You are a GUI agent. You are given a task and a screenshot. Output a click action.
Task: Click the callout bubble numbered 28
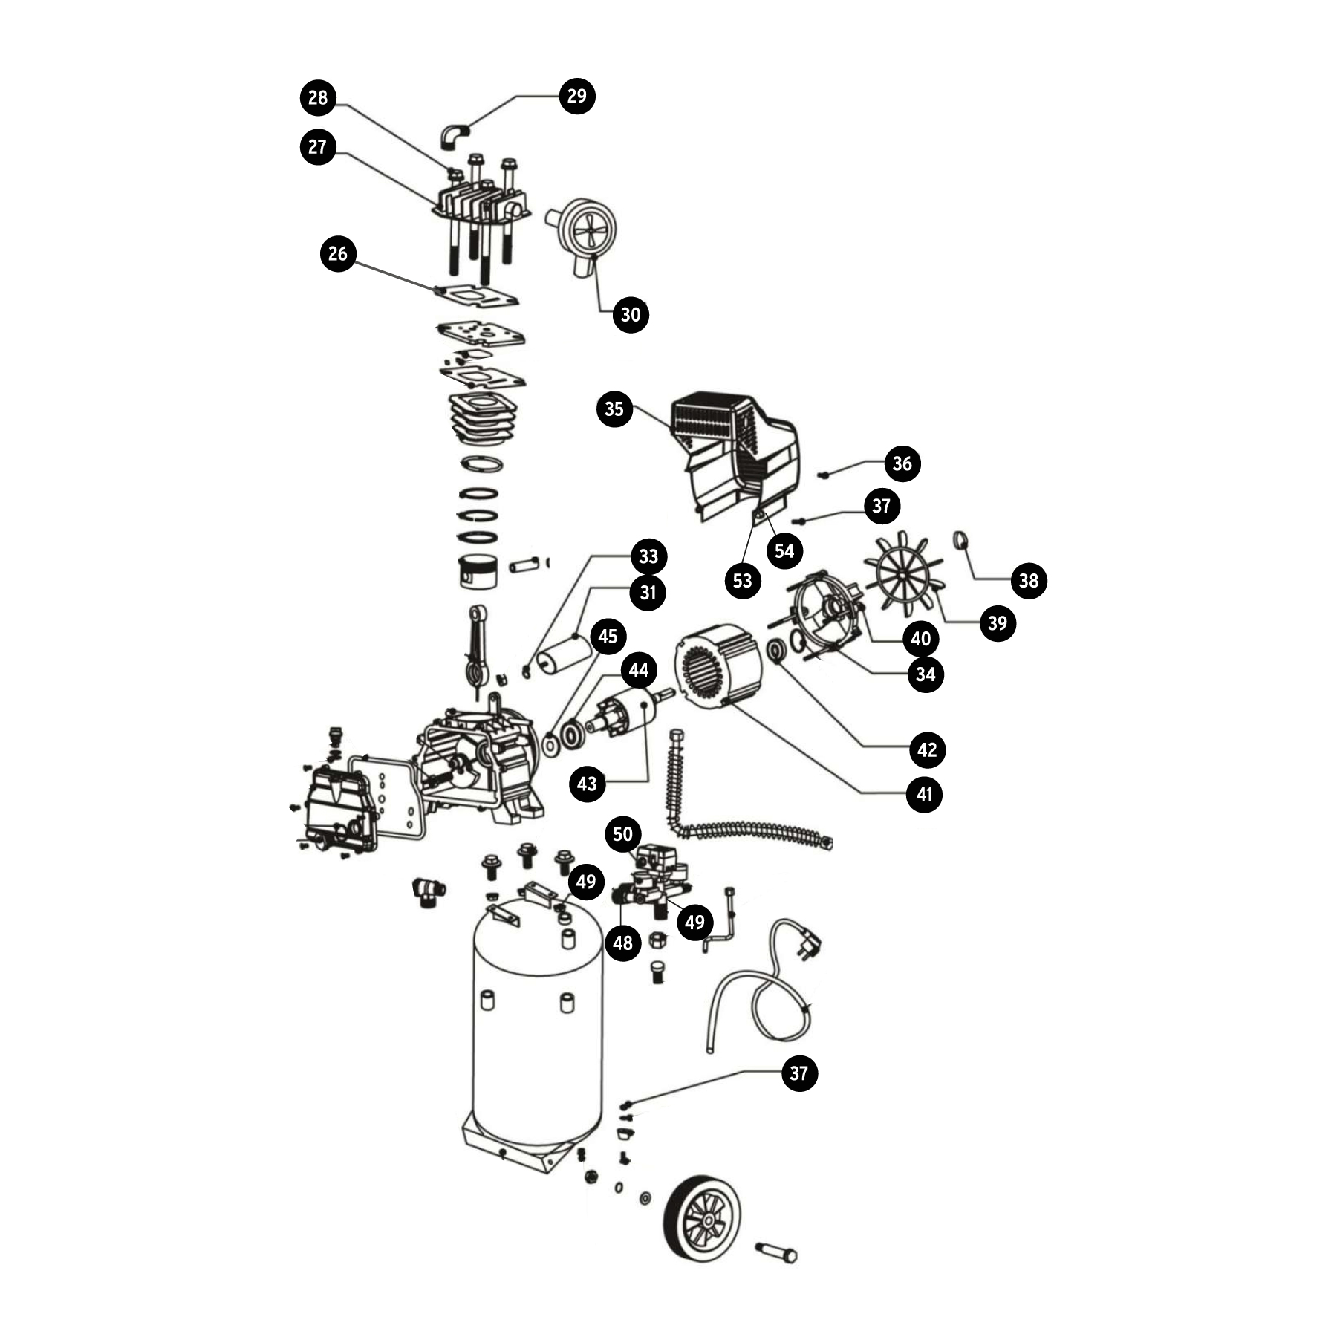(x=318, y=97)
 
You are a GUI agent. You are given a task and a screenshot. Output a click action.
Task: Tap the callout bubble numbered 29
(x=577, y=96)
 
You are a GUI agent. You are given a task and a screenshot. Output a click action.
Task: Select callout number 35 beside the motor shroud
(x=614, y=409)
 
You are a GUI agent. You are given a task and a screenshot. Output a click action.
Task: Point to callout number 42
(x=927, y=749)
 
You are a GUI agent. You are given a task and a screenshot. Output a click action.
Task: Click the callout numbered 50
(x=622, y=834)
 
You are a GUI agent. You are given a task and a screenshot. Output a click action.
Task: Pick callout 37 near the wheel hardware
(x=799, y=1073)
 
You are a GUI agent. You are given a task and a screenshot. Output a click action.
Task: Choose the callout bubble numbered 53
(x=743, y=580)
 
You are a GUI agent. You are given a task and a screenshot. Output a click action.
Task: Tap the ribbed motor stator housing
(x=718, y=667)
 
